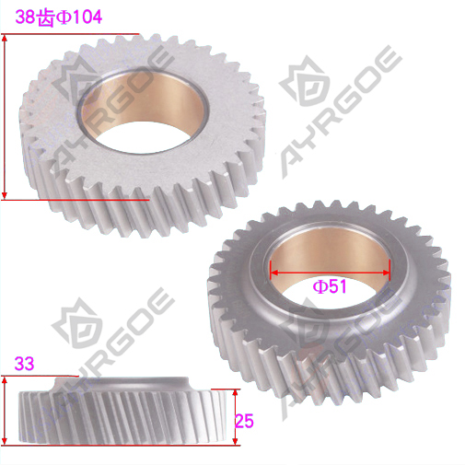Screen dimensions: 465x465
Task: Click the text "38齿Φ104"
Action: [58, 17]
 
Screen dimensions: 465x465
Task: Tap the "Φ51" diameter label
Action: [330, 286]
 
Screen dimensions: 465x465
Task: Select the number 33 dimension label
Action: [24, 364]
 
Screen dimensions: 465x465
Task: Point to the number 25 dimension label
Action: [244, 421]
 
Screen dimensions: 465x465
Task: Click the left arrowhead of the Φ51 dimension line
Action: [273, 273]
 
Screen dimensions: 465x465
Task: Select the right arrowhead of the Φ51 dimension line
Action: [387, 273]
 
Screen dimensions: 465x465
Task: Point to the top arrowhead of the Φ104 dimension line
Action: [5, 38]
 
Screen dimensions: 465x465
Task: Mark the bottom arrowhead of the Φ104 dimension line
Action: [5, 195]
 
